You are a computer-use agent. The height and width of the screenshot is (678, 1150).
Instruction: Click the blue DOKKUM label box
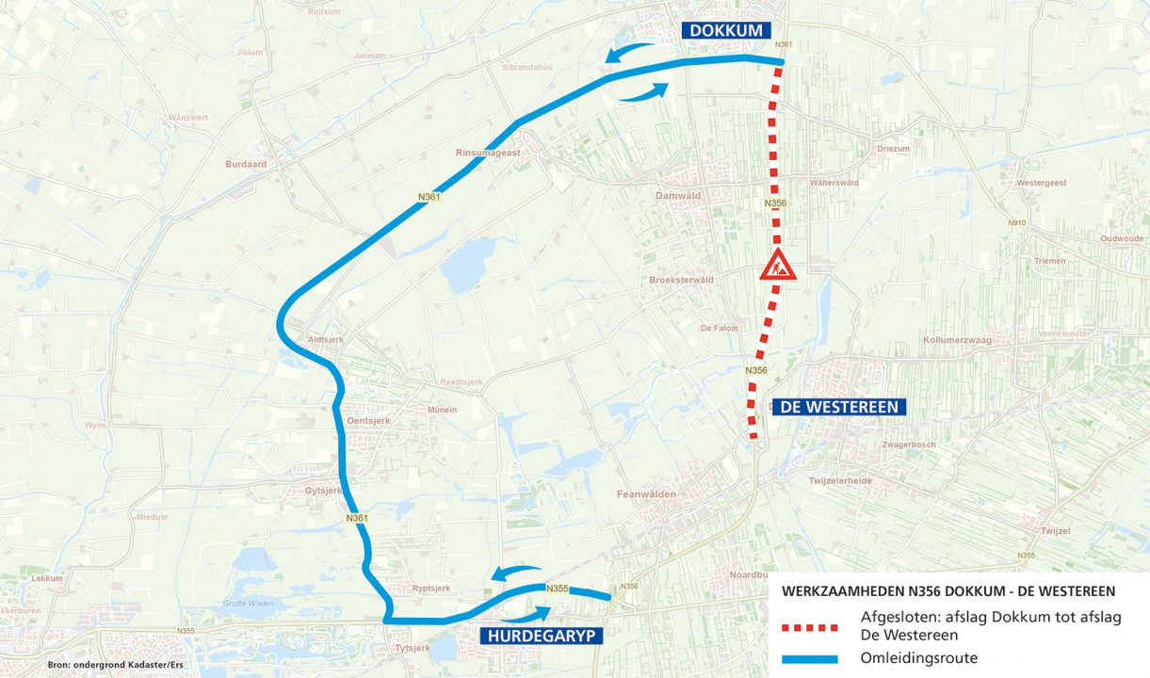coord(725,30)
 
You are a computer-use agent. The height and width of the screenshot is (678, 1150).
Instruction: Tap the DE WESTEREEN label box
coord(839,408)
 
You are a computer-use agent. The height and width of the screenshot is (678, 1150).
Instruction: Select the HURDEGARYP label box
coord(541,637)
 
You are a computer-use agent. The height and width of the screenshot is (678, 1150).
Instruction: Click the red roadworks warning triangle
coord(778,266)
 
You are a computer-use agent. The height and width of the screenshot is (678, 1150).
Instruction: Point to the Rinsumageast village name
coord(488,153)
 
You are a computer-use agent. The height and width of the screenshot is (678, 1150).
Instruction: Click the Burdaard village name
coord(246,164)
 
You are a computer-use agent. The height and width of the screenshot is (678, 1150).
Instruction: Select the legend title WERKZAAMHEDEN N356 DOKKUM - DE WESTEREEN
coord(948,591)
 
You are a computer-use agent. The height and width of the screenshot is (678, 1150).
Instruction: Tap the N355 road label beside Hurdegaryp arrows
coord(557,589)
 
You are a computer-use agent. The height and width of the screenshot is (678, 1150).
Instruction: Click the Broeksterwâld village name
coord(681,280)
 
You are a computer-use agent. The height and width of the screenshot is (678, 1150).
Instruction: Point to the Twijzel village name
coord(1056,531)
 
